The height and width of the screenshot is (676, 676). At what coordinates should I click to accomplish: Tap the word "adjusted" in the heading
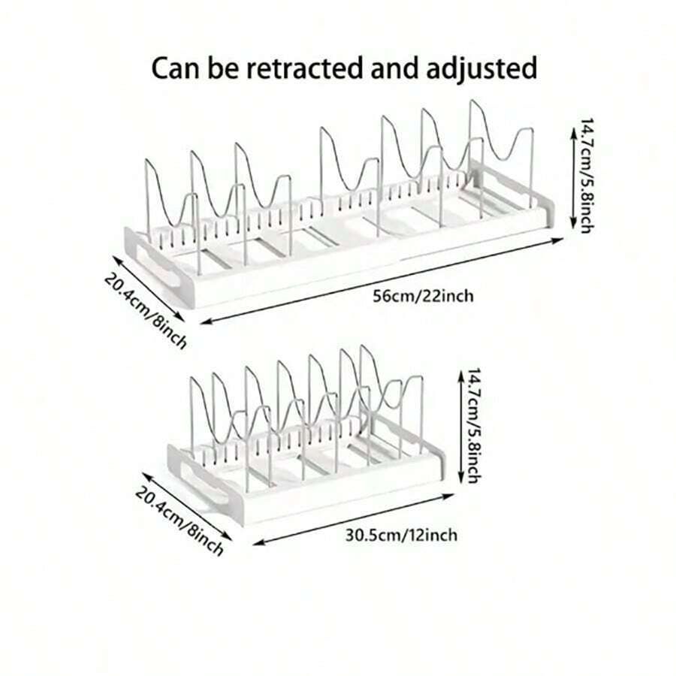(481, 69)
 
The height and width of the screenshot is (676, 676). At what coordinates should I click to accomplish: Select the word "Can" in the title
(177, 68)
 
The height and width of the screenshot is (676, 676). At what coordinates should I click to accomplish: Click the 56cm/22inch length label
(423, 296)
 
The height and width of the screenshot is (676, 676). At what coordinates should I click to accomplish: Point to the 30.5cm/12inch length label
(401, 535)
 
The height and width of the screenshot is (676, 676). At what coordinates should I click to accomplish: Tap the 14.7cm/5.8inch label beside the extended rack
(587, 176)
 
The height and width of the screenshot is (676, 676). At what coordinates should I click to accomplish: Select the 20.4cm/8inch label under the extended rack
(146, 310)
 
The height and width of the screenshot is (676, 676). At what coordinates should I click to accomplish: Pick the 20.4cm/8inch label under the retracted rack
(180, 520)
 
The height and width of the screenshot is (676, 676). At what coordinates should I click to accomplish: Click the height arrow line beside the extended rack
(573, 178)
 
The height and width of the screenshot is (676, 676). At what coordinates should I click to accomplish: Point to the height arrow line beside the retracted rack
(460, 426)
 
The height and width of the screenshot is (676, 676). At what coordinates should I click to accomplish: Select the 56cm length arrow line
(382, 281)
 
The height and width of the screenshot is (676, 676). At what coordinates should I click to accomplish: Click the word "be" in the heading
(223, 68)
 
